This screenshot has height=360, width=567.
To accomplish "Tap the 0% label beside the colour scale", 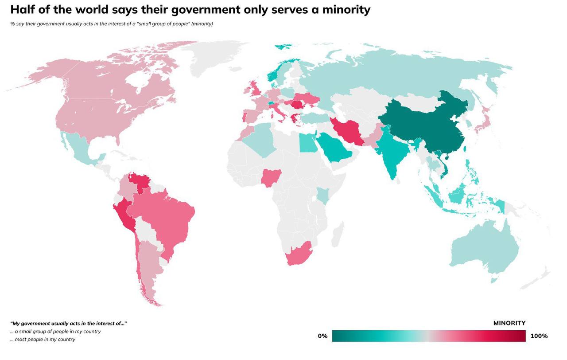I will pos(322,336).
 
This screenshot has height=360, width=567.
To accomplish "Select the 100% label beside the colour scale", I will pos(539,336).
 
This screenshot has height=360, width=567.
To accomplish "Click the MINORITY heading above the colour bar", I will pos(509,323).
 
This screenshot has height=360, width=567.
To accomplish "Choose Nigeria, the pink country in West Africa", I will pos(269,178).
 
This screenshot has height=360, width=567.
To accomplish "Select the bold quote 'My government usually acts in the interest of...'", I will pos(69,324).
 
